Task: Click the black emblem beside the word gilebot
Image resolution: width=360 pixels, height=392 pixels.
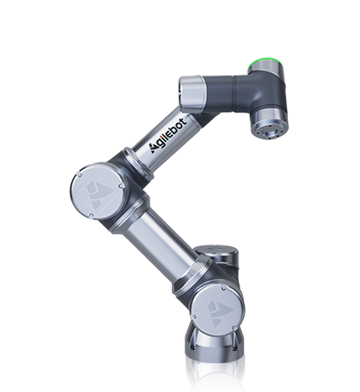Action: (x=154, y=148)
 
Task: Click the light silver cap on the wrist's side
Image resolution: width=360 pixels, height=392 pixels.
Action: (x=191, y=92)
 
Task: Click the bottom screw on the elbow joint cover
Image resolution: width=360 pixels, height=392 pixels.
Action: (x=91, y=216)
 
